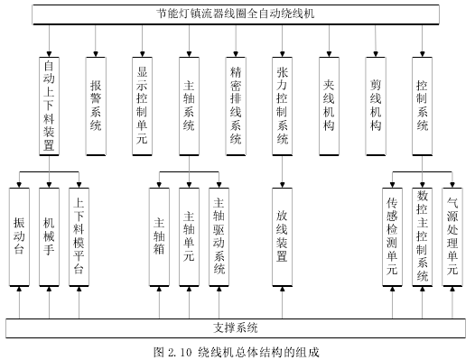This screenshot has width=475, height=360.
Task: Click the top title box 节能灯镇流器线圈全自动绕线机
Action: click(x=236, y=14)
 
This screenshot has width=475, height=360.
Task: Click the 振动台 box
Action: click(x=20, y=236)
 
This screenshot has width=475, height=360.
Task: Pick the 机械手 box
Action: click(x=50, y=236)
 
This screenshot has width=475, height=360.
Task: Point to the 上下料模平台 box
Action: click(x=79, y=236)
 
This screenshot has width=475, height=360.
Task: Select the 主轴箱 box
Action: click(x=160, y=236)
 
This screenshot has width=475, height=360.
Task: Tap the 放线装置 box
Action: click(x=282, y=236)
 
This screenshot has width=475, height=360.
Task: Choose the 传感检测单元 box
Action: click(x=392, y=236)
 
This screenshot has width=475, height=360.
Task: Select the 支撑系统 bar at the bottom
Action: click(x=236, y=327)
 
